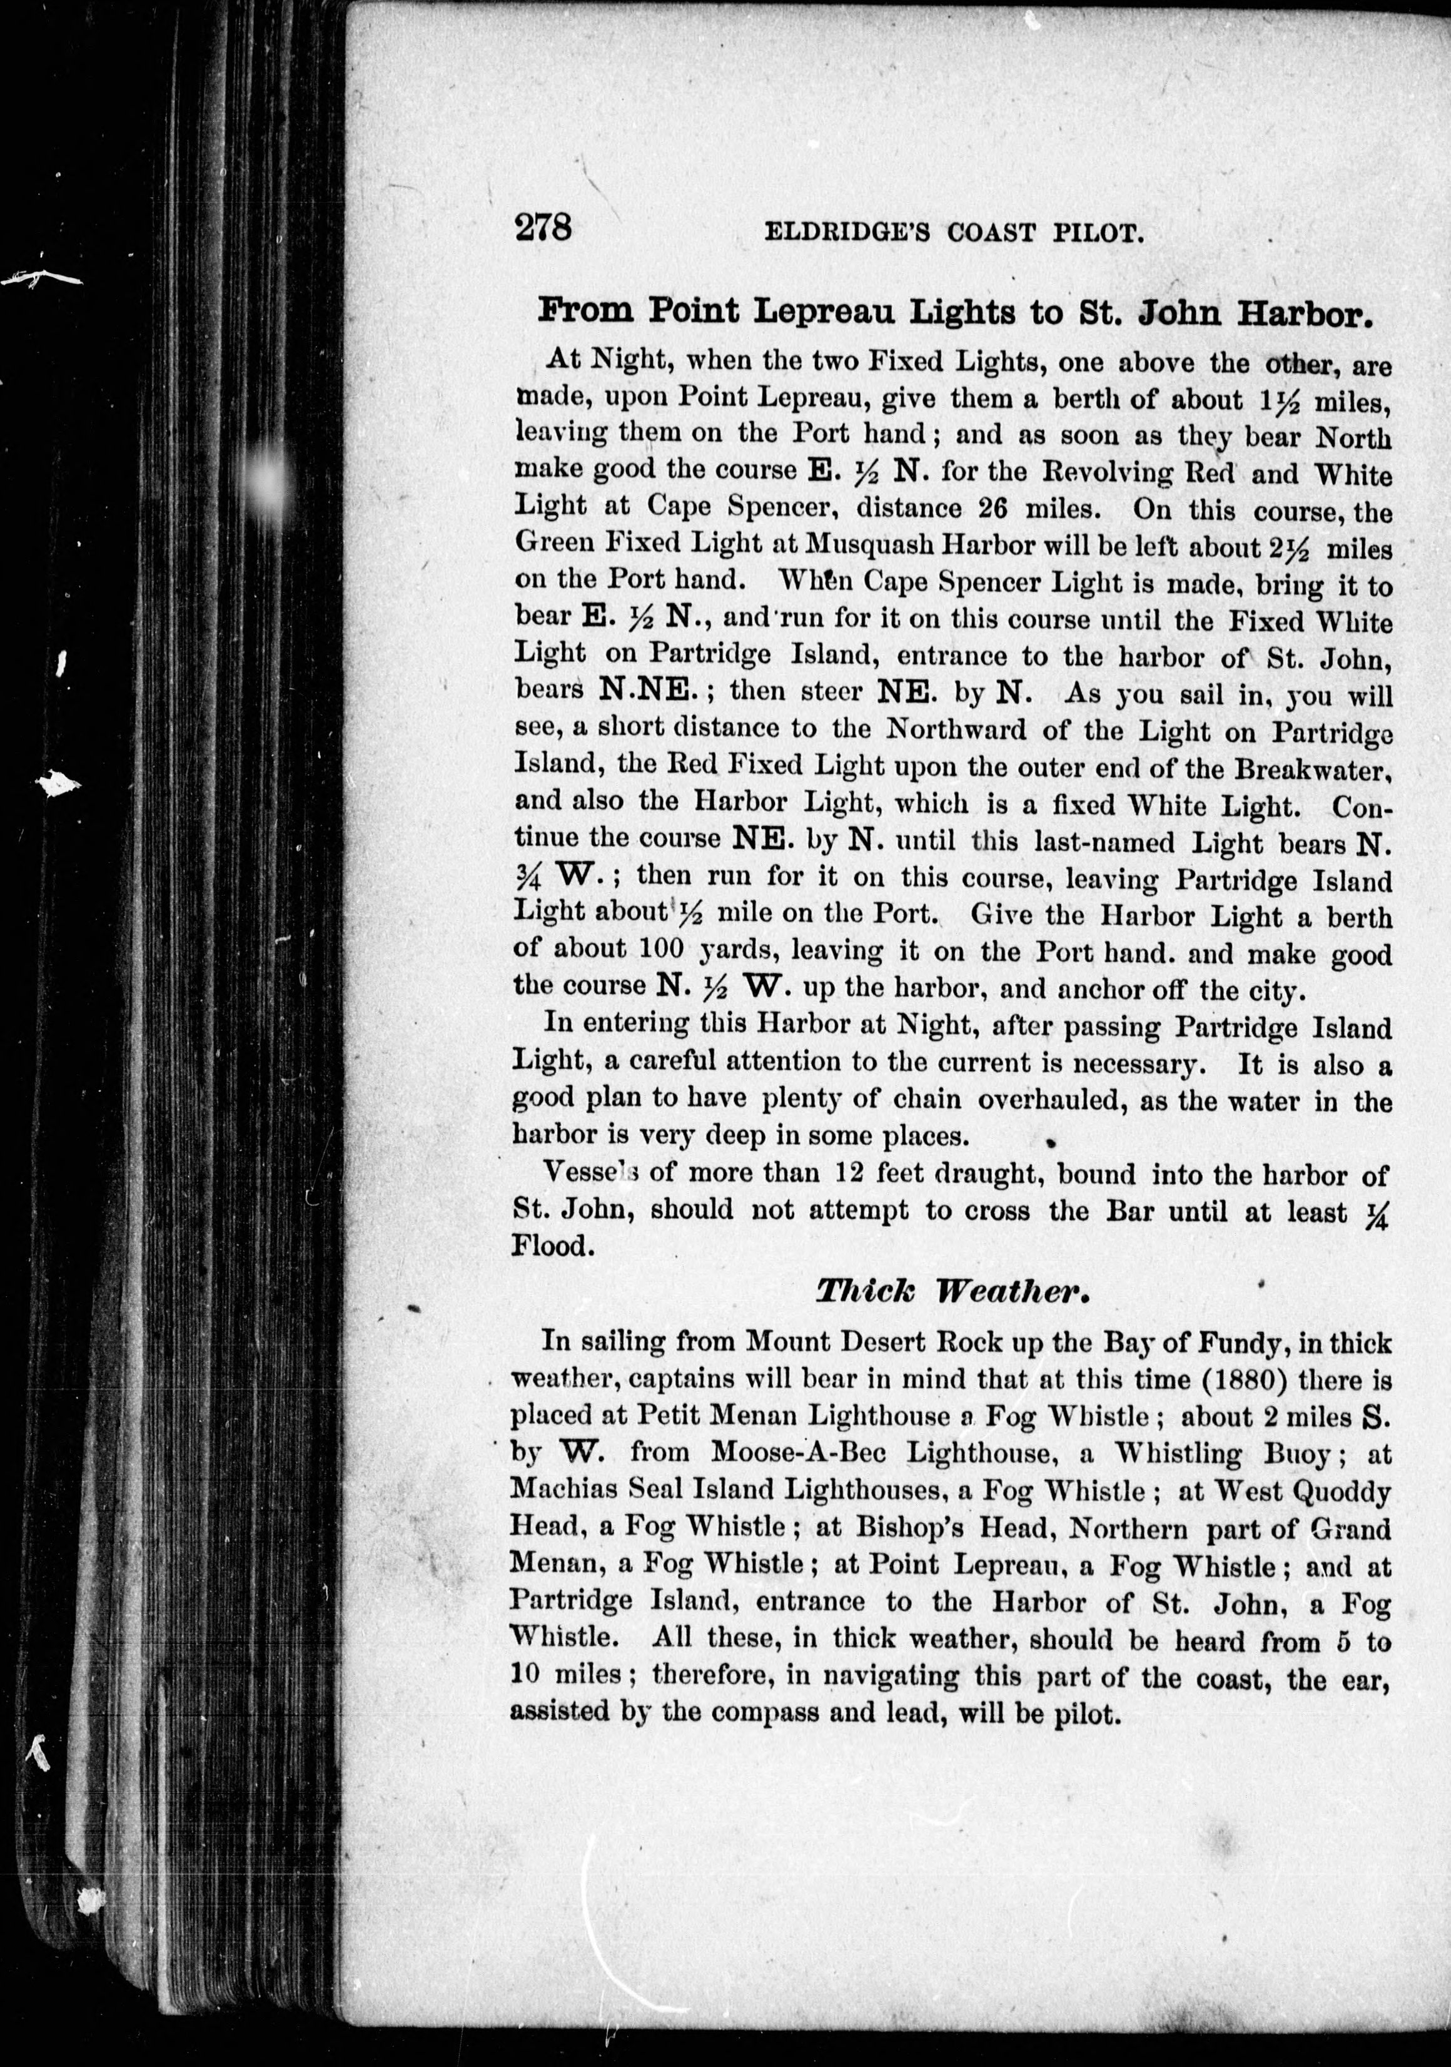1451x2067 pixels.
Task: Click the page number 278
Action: tap(543, 227)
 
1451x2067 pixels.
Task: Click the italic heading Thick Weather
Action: tap(953, 1291)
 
